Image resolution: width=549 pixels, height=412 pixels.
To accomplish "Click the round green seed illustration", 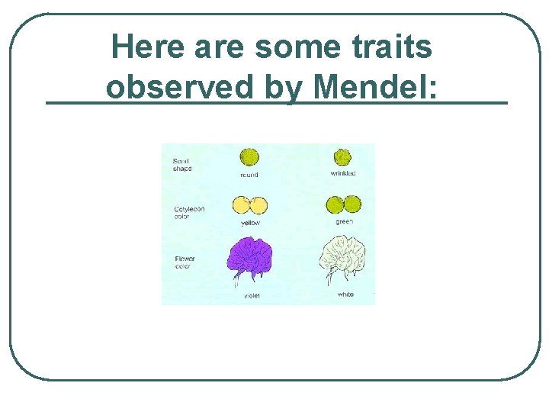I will click(x=249, y=157).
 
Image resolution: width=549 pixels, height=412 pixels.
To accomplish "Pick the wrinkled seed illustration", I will click(x=342, y=157).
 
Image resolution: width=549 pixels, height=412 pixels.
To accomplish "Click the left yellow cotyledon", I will click(x=241, y=205).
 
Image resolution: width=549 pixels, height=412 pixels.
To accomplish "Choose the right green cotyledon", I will click(x=352, y=204).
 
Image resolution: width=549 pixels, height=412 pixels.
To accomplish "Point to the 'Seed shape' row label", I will click(x=182, y=164).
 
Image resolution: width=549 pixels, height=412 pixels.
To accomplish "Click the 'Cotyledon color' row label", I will click(x=188, y=212).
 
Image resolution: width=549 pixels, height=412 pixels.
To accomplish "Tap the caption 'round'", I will click(x=249, y=175).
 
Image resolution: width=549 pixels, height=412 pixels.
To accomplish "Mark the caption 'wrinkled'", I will click(x=342, y=173).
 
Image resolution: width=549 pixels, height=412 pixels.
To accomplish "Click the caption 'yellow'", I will click(x=250, y=223).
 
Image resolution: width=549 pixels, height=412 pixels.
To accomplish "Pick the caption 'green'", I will click(x=344, y=222).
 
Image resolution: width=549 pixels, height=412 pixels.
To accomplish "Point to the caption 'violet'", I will click(x=252, y=295).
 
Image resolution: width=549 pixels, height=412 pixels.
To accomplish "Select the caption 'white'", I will click(x=345, y=295).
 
